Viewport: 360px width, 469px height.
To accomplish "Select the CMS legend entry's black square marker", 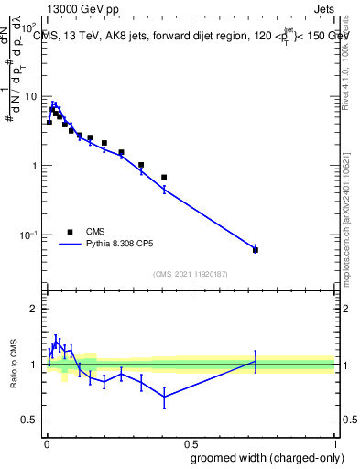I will [x=70, y=232].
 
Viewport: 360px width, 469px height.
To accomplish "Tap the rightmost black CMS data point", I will [x=256, y=250].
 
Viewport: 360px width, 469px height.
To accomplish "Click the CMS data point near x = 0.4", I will [x=164, y=177].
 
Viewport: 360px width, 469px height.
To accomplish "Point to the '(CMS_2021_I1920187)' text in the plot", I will [x=190, y=274].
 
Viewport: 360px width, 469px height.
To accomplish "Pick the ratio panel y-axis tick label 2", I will [x=35, y=310].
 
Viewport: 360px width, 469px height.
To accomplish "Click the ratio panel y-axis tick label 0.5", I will [x=29, y=420].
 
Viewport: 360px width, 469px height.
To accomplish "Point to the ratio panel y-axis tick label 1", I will [x=35, y=365].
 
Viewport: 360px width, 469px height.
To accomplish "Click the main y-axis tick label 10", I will [x=29, y=97].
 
